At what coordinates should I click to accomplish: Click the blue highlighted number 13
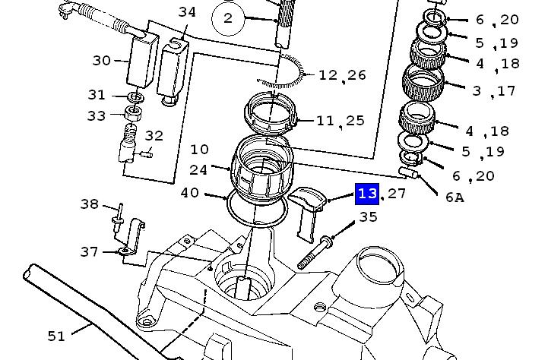point(367,194)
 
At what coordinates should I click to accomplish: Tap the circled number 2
point(227,18)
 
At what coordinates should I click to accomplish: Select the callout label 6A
point(455,197)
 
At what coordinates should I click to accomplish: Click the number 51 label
point(56,336)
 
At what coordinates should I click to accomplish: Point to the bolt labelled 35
point(315,253)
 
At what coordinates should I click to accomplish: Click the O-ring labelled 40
point(258,209)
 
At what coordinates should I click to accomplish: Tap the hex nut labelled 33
point(134,112)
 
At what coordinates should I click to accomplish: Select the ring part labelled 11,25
point(271,113)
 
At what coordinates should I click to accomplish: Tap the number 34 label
point(187,12)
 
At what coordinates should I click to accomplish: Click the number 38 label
point(90,204)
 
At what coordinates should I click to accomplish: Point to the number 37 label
point(90,251)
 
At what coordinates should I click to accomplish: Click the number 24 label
point(198,170)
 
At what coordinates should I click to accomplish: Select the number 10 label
point(199,150)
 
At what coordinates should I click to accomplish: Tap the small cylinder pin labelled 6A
point(408,172)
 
